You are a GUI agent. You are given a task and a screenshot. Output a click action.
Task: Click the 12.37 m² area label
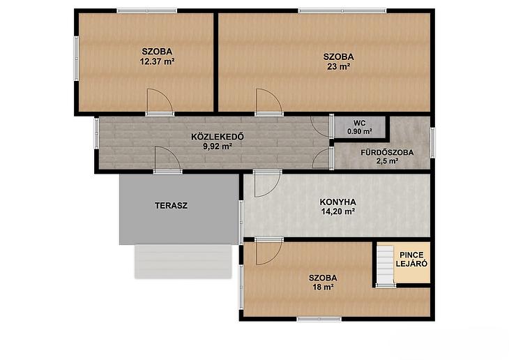coord(157,61)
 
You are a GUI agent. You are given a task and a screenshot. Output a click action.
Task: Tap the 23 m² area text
coord(339,67)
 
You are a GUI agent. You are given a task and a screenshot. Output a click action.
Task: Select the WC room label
coord(359,123)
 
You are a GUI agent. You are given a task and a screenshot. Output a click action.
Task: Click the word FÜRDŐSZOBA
coord(387,152)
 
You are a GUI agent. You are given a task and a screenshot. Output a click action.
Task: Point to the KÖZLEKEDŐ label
coord(218,137)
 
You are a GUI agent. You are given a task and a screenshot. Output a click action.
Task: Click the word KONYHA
coord(338,202)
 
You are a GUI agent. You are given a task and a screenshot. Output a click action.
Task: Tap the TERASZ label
coord(171,206)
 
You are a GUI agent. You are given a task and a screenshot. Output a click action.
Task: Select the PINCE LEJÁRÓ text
coord(411,260)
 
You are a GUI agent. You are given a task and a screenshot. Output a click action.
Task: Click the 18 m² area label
coord(324,287)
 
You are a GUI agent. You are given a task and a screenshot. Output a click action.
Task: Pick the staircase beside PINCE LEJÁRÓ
coord(386,265)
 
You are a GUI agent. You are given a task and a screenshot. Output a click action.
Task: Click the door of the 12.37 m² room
coord(160,101)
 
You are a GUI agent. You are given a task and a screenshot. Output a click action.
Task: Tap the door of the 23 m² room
coord(268,101)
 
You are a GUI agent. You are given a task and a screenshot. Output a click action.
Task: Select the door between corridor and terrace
coord(167,159)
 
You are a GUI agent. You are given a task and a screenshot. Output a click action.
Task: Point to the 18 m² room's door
coord(269,251)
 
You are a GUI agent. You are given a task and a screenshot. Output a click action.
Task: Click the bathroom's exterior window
coord(432,143)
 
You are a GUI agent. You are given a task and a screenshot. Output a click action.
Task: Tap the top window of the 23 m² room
coord(342,10)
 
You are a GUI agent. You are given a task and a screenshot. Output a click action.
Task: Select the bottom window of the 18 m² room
coord(319,319)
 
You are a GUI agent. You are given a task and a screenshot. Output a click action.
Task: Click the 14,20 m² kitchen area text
coord(338,212)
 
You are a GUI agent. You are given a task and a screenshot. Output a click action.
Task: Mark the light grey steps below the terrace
coord(183,262)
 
